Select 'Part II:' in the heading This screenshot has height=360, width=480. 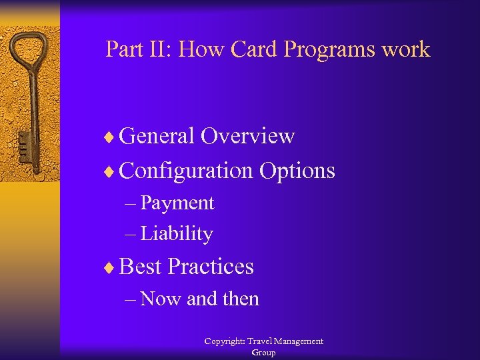[x=138, y=49]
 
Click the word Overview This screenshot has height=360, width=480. [x=247, y=136]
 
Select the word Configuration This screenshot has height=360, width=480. [x=187, y=171]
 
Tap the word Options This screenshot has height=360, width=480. [x=297, y=171]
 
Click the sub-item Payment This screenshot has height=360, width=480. [x=177, y=203]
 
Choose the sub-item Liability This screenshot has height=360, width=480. [x=177, y=233]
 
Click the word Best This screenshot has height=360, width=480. [x=141, y=267]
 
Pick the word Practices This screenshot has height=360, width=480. [x=211, y=267]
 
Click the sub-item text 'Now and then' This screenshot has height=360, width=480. [x=200, y=299]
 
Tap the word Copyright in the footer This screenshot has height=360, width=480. [x=226, y=341]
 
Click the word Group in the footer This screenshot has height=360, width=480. [x=263, y=353]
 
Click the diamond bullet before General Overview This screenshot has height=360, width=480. [x=111, y=137]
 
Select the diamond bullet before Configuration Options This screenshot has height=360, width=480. [x=111, y=172]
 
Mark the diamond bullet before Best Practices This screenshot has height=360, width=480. [x=111, y=268]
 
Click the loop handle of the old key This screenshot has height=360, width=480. [x=31, y=50]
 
